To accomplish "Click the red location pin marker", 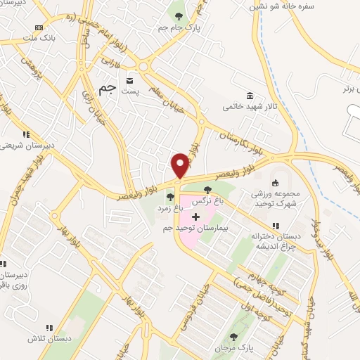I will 180,165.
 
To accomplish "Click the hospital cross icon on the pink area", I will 195,217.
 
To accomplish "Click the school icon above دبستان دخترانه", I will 276,226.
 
